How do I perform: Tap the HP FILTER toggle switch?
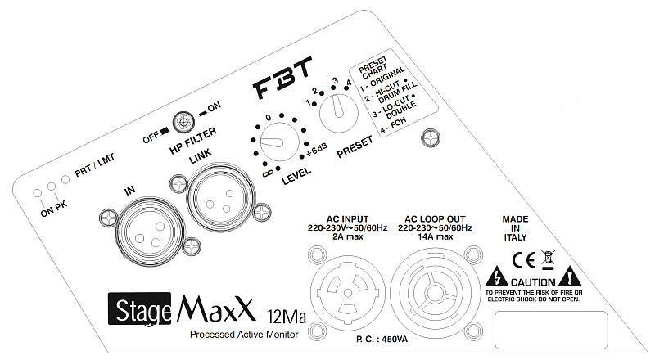183,123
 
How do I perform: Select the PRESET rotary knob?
337,112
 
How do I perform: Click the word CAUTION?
532,280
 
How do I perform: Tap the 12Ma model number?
286,315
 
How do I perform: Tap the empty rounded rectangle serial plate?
574,329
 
